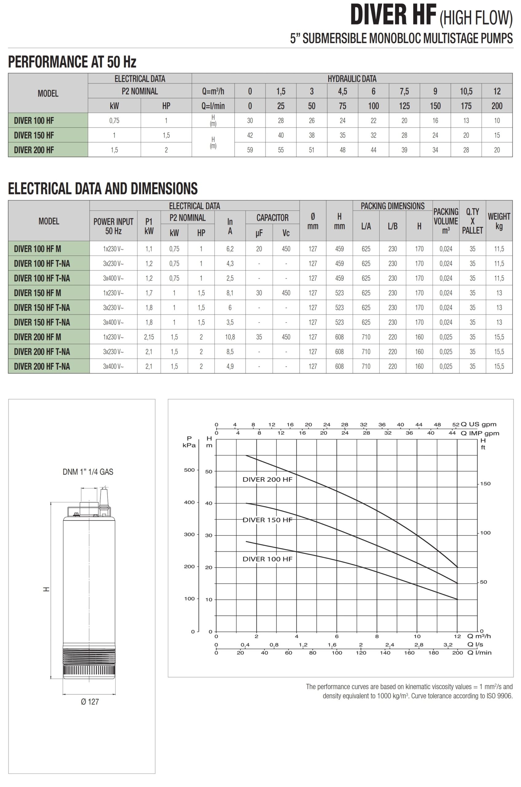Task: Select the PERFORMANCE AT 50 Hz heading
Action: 72,62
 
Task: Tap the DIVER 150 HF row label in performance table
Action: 34,135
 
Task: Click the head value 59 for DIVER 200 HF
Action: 250,150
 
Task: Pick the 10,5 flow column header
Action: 466,91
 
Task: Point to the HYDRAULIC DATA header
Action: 352,79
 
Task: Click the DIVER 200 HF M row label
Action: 37,337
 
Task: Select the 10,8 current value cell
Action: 230,337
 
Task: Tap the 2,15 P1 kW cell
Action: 149,337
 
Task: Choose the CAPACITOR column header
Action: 272,218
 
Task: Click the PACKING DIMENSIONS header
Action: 393,206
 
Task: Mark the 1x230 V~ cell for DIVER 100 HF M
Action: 113,249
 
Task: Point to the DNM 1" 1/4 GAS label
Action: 88,472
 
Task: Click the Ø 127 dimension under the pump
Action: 90,702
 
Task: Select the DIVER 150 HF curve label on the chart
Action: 267,520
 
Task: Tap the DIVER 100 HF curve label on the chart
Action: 267,559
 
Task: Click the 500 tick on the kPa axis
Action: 189,470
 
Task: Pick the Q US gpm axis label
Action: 479,425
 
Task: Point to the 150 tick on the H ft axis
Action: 485,484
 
